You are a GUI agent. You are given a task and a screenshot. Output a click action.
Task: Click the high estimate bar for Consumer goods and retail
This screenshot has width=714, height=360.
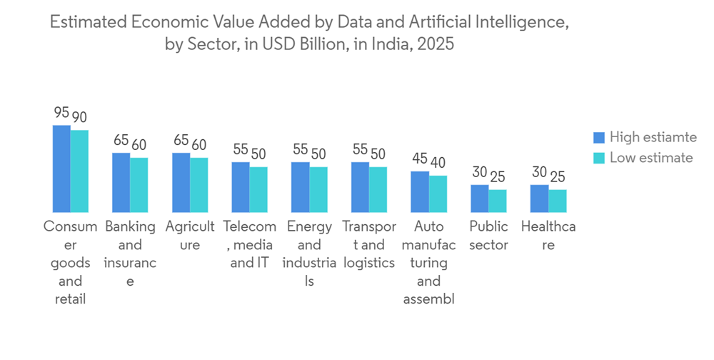coord(61,169)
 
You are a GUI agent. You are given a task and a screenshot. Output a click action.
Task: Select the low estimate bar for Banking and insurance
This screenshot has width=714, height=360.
coord(139,185)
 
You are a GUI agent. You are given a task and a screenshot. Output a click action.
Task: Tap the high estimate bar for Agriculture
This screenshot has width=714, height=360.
coord(181,182)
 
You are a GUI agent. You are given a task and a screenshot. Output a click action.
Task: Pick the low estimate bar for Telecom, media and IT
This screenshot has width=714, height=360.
coord(258,189)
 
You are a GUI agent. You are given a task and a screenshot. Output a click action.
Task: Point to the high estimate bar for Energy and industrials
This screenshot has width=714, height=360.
coord(301,187)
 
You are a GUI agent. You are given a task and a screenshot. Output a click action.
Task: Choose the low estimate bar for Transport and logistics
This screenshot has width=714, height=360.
coord(378,189)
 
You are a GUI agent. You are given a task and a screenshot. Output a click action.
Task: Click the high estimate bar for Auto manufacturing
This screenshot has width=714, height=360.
coord(421,191)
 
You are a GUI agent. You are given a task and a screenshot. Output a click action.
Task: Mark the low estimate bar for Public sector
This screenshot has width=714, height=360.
coord(498,201)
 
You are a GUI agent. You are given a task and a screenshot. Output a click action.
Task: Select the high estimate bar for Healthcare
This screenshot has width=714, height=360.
coord(540,199)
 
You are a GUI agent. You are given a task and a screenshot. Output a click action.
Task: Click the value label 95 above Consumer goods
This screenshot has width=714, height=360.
coord(61,113)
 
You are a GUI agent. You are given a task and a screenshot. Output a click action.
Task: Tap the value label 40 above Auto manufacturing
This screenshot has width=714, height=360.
coord(438,162)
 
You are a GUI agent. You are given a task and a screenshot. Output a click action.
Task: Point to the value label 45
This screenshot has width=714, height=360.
coord(420,159)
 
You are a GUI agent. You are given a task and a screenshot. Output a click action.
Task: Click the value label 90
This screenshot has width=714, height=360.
coord(79,117)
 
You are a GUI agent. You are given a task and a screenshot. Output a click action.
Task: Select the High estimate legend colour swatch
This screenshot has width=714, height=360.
coord(599,138)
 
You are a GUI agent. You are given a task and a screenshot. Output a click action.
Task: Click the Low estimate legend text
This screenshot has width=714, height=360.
coord(651,158)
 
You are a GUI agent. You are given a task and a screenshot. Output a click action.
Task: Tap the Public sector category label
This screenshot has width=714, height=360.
coord(489,236)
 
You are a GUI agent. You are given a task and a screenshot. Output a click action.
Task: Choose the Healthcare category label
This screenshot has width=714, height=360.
coord(548,236)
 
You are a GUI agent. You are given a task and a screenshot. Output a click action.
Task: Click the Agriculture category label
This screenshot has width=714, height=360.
coord(190,236)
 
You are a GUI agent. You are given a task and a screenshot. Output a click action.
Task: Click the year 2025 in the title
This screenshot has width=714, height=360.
coord(436,44)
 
